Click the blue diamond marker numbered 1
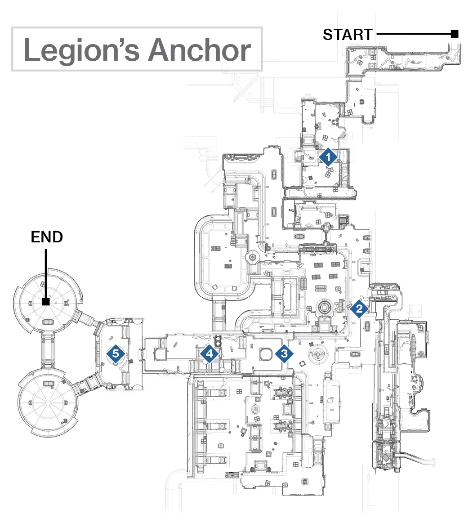click(328, 157)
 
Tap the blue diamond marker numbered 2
click(359, 308)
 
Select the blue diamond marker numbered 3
click(284, 353)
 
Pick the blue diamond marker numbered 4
click(210, 353)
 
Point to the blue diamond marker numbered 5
click(116, 353)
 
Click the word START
click(348, 35)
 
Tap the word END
click(47, 237)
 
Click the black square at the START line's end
click(454, 34)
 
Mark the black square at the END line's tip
click(46, 302)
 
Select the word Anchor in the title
click(200, 50)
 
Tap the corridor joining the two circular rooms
click(48, 350)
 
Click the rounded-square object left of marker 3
click(266, 354)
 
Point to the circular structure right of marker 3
click(318, 354)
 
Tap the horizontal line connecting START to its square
click(414, 34)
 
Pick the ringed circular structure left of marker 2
click(322, 307)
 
